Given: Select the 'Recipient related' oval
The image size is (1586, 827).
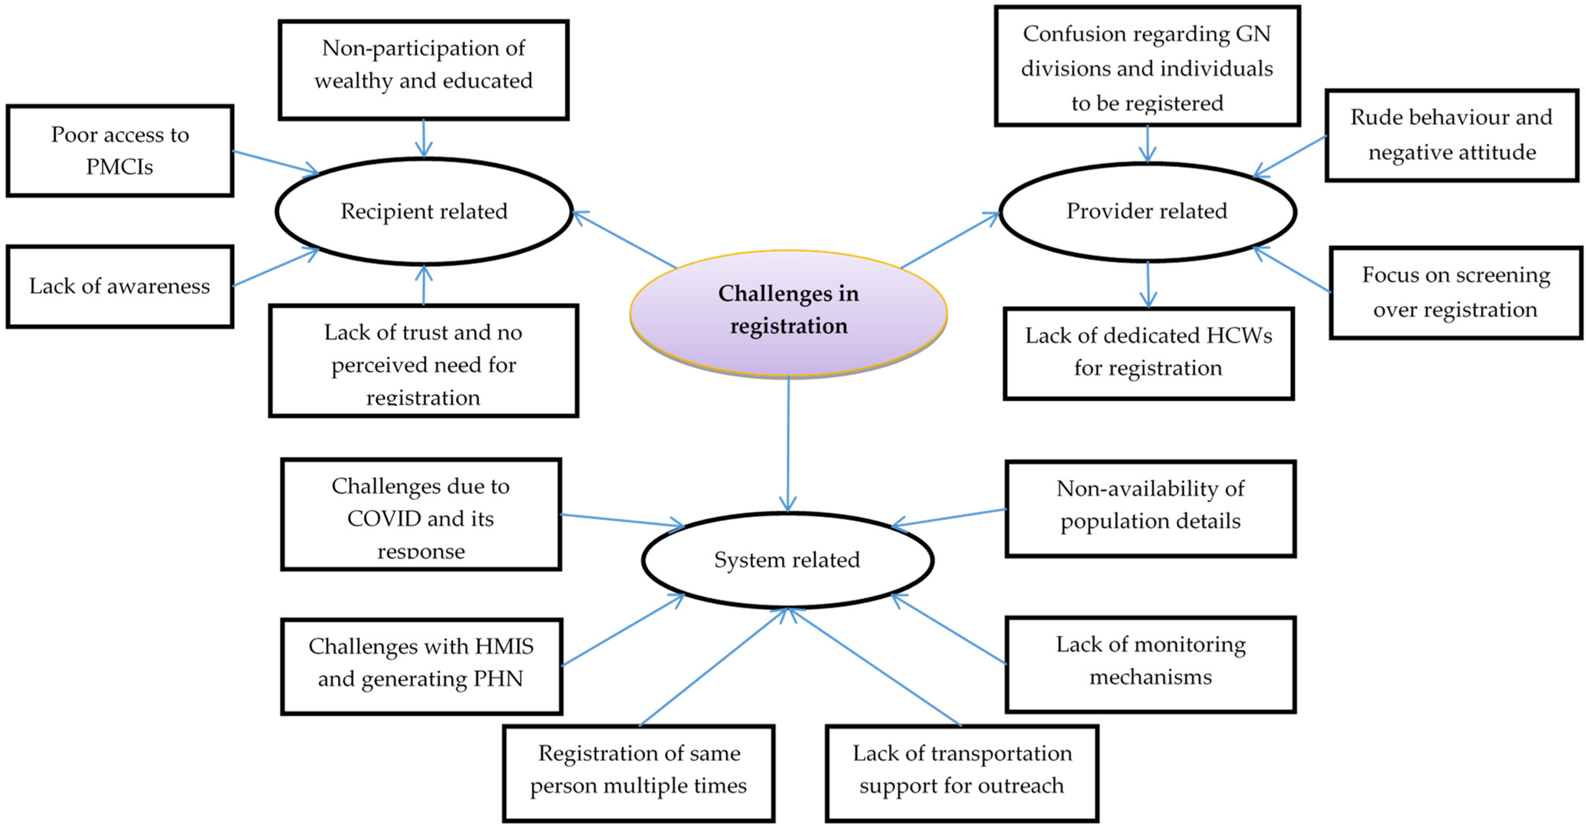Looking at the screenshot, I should pyautogui.click(x=424, y=211).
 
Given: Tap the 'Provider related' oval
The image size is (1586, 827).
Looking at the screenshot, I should pyautogui.click(x=1147, y=211).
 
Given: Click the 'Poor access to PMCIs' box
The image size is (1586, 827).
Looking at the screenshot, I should pyautogui.click(x=120, y=151).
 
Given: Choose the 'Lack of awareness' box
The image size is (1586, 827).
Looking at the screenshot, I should pyautogui.click(x=120, y=286).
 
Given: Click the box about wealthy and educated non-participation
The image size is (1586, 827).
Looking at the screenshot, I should pyautogui.click(x=424, y=70).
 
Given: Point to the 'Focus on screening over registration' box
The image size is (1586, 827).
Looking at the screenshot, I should pyautogui.click(x=1455, y=292).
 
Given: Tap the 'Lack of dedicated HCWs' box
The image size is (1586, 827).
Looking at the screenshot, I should pyautogui.click(x=1148, y=353).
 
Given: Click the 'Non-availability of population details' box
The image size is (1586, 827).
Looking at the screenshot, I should pyautogui.click(x=1150, y=508).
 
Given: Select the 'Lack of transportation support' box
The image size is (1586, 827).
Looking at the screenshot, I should pyautogui.click(x=962, y=772).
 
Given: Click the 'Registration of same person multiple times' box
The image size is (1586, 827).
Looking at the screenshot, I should pyautogui.click(x=639, y=772).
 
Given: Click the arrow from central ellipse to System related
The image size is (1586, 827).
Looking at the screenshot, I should pyautogui.click(x=788, y=443).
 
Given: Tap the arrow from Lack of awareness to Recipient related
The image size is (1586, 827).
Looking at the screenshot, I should pyautogui.click(x=275, y=267).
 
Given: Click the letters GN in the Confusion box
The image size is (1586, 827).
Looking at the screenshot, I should pyautogui.click(x=1253, y=34).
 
